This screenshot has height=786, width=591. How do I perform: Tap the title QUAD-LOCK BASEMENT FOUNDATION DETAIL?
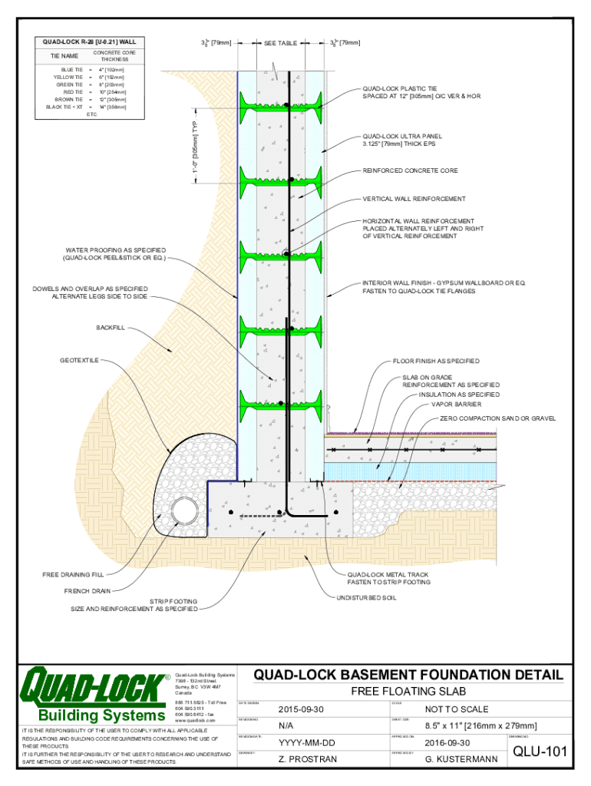[x=408, y=675]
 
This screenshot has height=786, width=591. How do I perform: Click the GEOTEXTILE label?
[x=79, y=361]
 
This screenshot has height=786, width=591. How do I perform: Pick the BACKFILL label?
[x=111, y=328]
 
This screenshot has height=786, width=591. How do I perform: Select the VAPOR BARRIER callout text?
[x=457, y=404]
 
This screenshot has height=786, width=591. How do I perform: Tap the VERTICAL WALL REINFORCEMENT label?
[x=414, y=199]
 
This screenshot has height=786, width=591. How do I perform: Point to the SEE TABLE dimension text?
[x=281, y=44]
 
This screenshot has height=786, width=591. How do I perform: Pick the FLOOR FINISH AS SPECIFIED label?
[x=436, y=361]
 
